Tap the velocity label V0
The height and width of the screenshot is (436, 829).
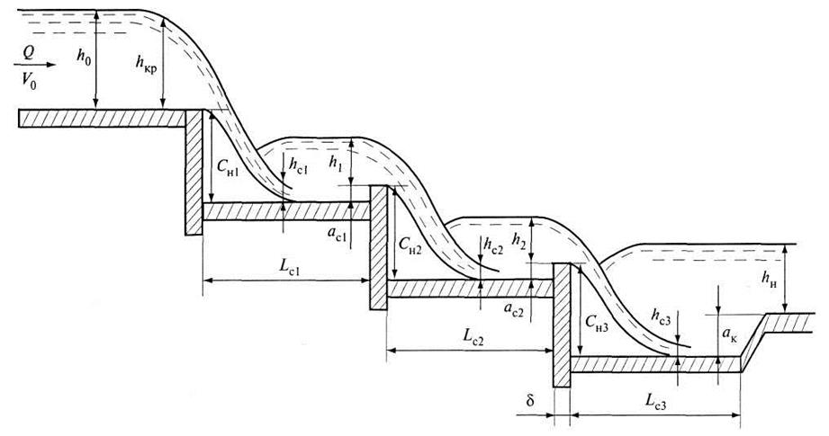[x=29, y=80]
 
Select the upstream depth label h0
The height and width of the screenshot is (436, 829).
[x=84, y=56]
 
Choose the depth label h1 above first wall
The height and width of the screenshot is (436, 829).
[x=336, y=162]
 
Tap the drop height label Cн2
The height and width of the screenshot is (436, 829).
[x=410, y=245]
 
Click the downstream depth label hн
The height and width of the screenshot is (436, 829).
[x=770, y=280]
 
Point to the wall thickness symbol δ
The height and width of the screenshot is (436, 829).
[x=530, y=400]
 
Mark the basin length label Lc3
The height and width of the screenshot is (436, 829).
[x=655, y=402]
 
